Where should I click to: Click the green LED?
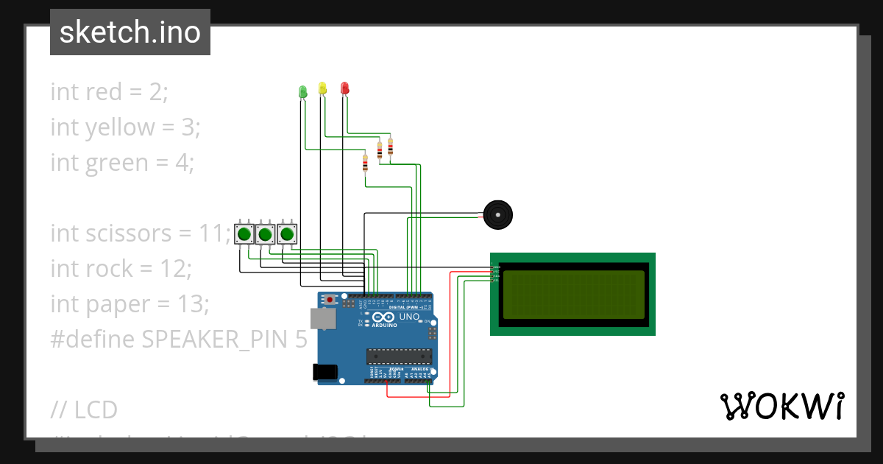point(302,91)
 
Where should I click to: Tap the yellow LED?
point(322,88)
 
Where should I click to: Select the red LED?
point(344,88)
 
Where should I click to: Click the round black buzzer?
point(497,215)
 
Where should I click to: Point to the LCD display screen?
point(573,294)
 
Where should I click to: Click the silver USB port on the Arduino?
point(322,318)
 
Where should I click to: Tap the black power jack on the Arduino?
point(325,372)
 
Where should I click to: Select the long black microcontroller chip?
point(399,356)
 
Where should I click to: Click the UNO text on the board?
point(409,317)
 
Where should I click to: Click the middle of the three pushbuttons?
point(265,235)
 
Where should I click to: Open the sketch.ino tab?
point(130,32)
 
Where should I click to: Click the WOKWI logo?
point(781,406)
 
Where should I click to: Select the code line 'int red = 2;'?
point(110,92)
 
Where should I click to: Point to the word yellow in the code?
point(120,127)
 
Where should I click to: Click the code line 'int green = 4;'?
point(122,162)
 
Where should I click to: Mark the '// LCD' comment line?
point(85,409)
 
